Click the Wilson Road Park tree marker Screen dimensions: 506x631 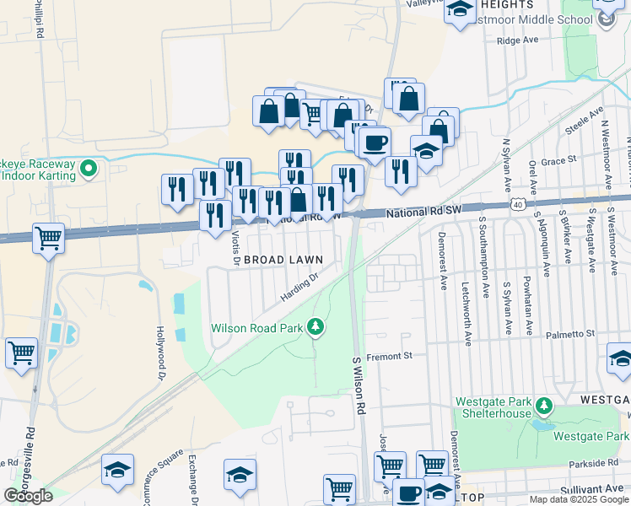315,326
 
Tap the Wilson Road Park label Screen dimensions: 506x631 257,327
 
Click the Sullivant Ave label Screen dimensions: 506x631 591,489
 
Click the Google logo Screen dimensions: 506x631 29,496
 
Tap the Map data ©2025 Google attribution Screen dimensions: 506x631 579,499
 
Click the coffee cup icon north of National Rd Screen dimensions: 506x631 375,142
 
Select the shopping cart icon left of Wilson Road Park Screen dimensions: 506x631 21,353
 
